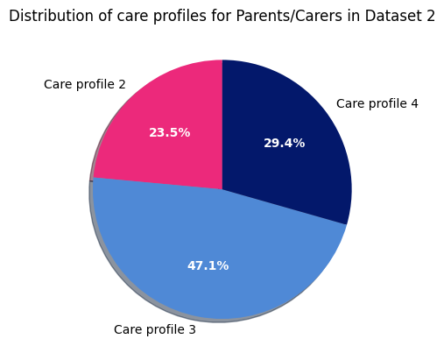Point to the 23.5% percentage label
(169, 133)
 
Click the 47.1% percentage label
(208, 265)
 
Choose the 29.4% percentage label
(284, 143)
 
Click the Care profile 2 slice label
(84, 85)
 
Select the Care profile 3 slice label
(154, 330)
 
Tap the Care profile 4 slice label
(377, 104)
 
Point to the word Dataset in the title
(389, 16)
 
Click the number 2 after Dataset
(430, 16)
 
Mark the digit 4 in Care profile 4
(414, 104)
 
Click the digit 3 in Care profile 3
(192, 330)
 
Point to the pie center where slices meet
(222, 189)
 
